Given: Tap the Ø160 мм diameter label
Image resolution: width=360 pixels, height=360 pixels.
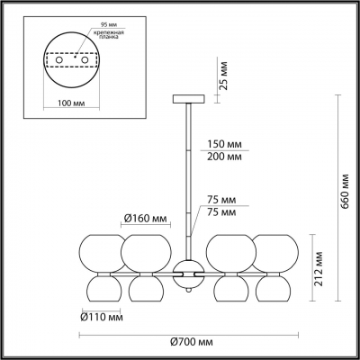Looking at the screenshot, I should pos(145,218).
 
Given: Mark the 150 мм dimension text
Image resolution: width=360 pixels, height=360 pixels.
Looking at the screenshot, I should pos(223,145).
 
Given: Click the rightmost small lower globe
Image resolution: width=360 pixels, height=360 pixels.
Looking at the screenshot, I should pos(274,289).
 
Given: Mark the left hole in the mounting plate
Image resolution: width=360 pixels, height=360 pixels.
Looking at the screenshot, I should pos(58,45).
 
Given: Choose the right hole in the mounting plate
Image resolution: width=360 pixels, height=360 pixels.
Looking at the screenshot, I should pos(85,45).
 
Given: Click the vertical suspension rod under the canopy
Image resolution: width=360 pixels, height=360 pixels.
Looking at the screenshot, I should pos(187,171).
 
